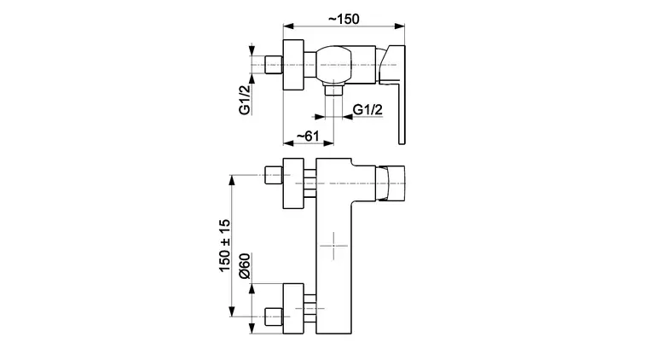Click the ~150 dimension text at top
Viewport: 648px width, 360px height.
[344, 19]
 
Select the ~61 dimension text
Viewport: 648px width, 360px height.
[309, 136]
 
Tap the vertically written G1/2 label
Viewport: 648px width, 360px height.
[245, 99]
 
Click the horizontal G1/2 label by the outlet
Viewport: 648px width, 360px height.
[367, 109]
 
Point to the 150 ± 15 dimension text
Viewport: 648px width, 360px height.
[225, 246]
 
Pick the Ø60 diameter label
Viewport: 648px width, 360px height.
[245, 266]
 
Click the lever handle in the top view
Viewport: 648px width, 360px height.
[392, 94]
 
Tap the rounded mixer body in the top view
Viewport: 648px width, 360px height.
[334, 64]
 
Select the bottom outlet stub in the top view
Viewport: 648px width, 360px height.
[334, 90]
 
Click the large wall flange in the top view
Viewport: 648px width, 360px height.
[293, 65]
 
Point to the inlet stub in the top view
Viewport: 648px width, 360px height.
[274, 65]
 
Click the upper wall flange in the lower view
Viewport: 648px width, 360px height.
[293, 183]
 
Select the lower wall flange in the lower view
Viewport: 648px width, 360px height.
[293, 308]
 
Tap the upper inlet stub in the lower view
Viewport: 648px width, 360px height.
[274, 175]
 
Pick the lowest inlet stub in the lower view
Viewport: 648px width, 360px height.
[274, 316]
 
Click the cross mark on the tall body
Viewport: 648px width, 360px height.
[334, 246]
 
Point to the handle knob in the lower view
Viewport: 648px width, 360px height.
[391, 183]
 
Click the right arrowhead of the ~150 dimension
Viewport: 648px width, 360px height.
[400, 26]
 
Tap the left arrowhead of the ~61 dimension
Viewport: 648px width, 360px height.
[288, 143]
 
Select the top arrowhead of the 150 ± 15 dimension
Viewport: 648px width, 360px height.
[232, 181]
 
